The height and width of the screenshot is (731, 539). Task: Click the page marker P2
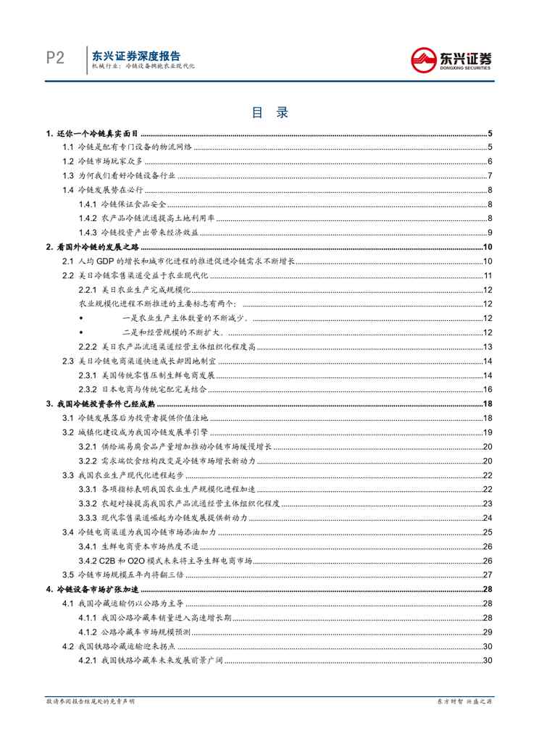[x=52, y=58]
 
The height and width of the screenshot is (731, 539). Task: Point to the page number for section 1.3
[x=490, y=175]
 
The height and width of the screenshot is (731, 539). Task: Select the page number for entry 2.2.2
[x=488, y=347]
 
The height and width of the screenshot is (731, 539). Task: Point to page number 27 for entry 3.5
[x=488, y=575]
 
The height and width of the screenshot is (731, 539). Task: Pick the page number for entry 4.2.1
[x=488, y=660]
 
